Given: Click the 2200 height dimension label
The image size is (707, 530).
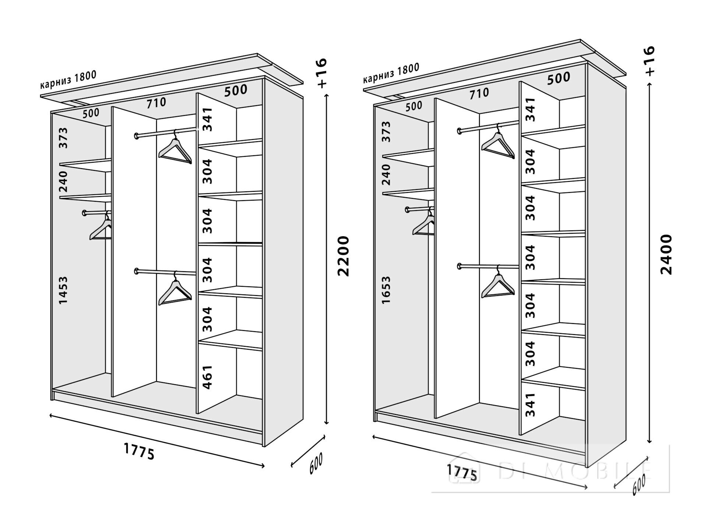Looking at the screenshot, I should [343, 256].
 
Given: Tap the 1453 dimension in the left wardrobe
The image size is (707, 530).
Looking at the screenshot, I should [63, 290].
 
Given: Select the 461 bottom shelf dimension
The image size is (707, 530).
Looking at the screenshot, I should [208, 377].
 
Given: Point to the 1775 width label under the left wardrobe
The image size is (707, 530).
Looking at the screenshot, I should [139, 451].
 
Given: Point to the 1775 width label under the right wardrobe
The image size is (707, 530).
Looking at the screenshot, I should [462, 473].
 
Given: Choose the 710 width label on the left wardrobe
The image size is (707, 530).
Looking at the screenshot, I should [156, 103].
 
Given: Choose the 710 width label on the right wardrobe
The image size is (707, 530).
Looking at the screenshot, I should [479, 93].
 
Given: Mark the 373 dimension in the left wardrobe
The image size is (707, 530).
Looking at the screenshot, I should [63, 138].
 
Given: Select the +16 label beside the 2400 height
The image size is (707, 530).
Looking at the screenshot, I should [649, 61].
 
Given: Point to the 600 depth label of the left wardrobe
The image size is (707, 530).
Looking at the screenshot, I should [316, 463].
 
